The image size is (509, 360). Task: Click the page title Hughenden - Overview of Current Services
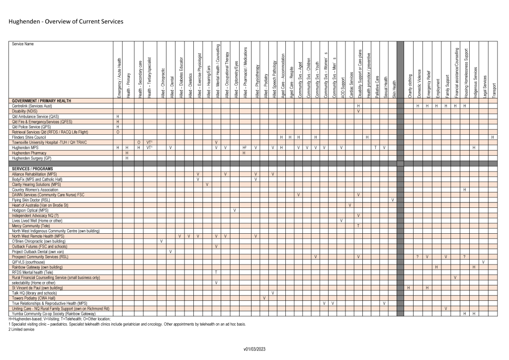coord(66,22)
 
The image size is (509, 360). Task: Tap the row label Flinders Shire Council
coord(29,137)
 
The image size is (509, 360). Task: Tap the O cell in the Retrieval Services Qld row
coord(118,132)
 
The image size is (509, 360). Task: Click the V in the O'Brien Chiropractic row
coord(162,241)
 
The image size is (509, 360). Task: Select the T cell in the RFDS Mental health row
coord(216,272)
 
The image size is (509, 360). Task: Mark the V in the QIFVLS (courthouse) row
coord(483,262)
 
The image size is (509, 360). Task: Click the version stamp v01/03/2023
coord(255,349)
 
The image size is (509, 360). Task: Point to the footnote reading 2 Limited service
coord(18,330)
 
